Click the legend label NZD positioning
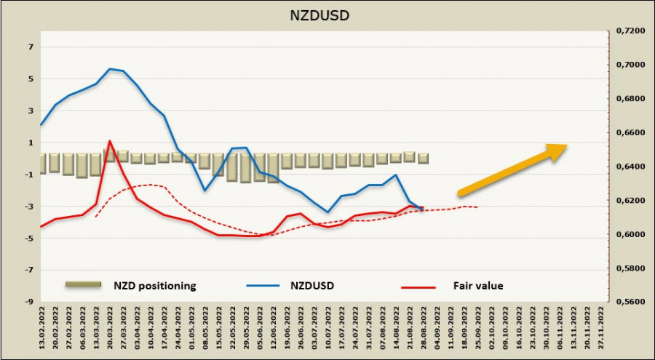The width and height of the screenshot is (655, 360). point(154,286)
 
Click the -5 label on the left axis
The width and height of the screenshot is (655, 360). point(29,238)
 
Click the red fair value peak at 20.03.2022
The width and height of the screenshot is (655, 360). point(109,141)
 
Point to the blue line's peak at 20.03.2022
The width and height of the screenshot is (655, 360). point(109,69)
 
